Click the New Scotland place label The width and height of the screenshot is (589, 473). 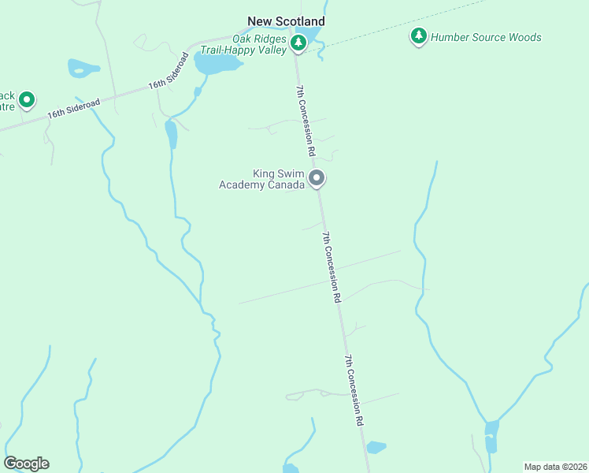pos(286,21)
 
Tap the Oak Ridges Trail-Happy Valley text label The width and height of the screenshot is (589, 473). pos(256,43)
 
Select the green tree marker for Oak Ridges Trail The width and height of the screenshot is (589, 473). pos(298,43)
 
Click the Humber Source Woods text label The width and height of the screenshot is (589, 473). pos(487,37)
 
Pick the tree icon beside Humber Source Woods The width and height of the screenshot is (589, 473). pos(419,36)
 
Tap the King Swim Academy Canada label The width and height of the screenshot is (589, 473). pos(261,179)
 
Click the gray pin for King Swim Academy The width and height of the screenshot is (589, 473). pos(317,179)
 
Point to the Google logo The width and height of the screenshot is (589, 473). pos(26,464)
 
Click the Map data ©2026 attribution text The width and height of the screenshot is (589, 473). pos(555,467)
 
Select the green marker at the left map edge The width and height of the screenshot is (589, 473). pos(27,100)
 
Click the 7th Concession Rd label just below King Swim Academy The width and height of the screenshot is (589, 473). pos(331,267)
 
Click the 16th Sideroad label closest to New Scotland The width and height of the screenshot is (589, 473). pos(169,73)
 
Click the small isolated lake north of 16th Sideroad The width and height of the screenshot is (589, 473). pos(83,69)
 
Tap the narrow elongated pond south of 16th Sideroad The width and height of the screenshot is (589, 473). pos(171,135)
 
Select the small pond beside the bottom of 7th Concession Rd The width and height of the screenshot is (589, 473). pos(376,447)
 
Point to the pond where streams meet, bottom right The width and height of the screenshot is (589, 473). pos(491,434)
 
